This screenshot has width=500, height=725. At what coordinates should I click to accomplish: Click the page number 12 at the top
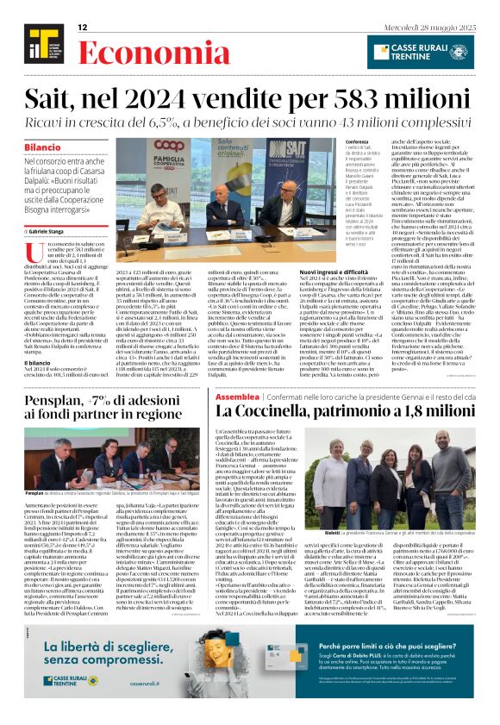click(x=83, y=28)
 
